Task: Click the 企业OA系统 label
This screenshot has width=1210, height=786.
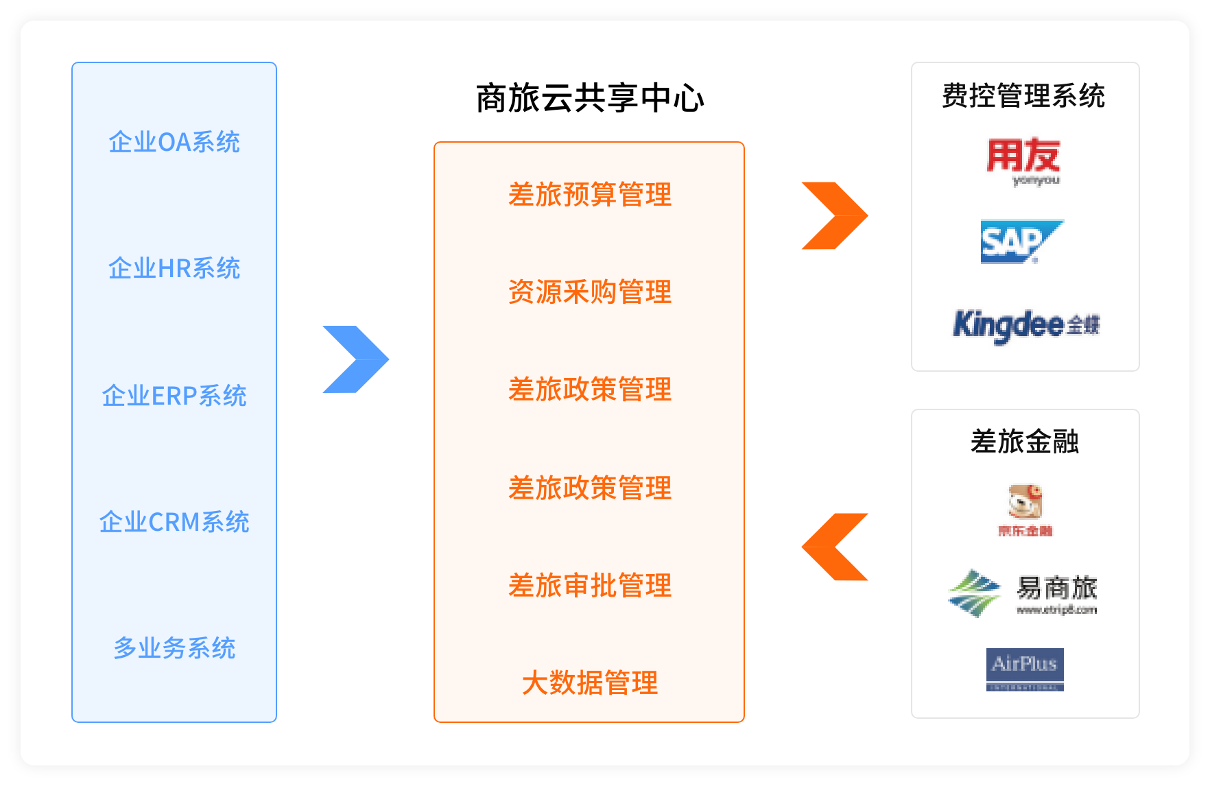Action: click(x=174, y=142)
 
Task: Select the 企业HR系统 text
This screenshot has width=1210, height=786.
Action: click(x=174, y=268)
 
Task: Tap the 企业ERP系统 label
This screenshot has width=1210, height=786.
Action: click(x=174, y=396)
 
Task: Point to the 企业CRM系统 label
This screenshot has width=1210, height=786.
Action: click(x=174, y=522)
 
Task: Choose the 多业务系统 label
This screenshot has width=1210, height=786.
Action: click(x=174, y=648)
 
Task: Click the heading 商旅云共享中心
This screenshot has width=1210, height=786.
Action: click(x=589, y=98)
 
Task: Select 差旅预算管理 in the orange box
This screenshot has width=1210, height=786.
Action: click(x=589, y=195)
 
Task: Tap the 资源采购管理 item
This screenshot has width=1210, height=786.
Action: click(x=589, y=292)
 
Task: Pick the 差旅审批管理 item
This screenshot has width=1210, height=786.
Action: click(x=589, y=586)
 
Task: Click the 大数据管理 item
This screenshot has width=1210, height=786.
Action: click(x=589, y=683)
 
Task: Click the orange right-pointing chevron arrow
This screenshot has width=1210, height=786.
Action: click(x=835, y=215)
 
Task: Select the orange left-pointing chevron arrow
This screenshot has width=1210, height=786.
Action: click(x=835, y=547)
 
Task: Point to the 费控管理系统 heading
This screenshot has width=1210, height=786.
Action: click(x=1023, y=96)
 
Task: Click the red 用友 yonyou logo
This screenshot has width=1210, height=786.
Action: click(x=1023, y=160)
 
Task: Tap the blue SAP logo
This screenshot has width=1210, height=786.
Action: click(x=1021, y=241)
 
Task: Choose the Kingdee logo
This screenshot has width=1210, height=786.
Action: click(x=1025, y=325)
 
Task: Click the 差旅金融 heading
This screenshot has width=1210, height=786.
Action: click(x=1025, y=442)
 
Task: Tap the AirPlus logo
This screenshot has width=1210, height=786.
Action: click(x=1025, y=669)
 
